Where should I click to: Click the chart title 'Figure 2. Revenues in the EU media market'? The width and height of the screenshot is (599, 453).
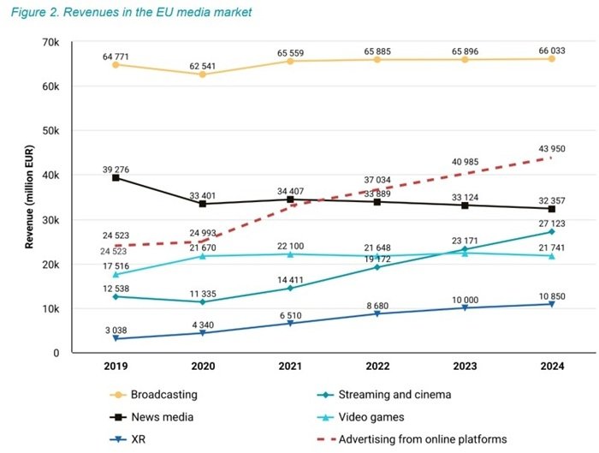click(x=131, y=13)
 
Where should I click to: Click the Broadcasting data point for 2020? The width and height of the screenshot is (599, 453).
click(x=203, y=75)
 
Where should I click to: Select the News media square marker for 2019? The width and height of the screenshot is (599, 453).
click(x=116, y=177)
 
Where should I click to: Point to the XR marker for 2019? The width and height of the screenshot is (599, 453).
click(x=116, y=339)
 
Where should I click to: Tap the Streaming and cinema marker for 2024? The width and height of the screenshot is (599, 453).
click(x=552, y=232)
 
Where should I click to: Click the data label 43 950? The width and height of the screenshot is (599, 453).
click(x=552, y=149)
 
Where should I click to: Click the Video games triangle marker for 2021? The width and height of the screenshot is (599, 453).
click(x=291, y=254)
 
